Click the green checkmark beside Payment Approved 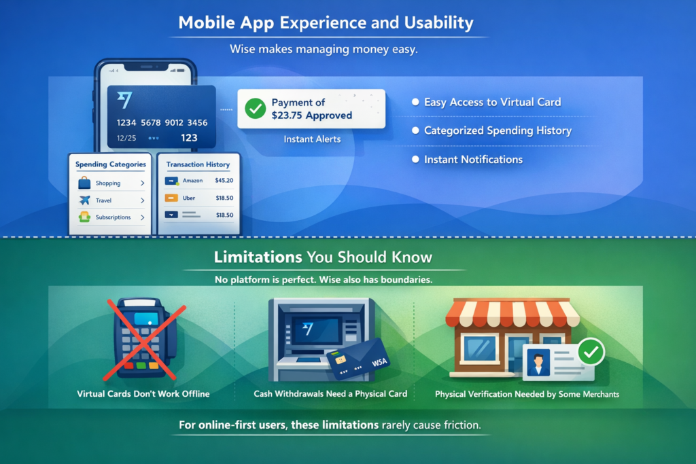[256, 109]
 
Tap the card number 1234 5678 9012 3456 [162, 123]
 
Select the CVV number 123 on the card [189, 138]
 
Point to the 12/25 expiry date [126, 138]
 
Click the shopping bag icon [84, 183]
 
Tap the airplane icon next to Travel [84, 200]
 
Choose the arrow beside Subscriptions [143, 217]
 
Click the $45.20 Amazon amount [224, 181]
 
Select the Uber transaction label [189, 198]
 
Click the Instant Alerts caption [313, 139]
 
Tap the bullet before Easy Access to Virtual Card [415, 102]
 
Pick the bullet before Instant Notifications [415, 159]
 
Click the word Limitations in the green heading [258, 257]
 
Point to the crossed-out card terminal [144, 339]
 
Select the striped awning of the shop [512, 313]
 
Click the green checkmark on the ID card [591, 352]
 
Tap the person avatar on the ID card [538, 362]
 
